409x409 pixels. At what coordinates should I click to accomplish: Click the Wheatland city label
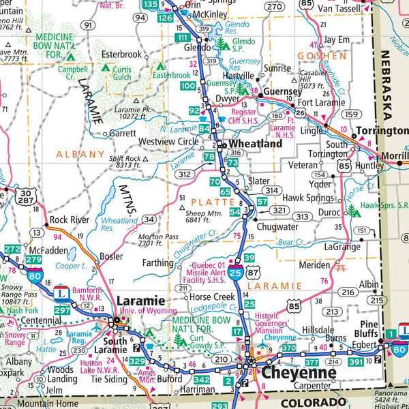[x=255, y=145]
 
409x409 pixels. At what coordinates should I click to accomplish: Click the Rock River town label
[x=70, y=219]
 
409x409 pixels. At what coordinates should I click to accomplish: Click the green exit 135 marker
[x=151, y=5]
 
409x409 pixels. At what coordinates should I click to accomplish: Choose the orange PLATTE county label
[x=212, y=202]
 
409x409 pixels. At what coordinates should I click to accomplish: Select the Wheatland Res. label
[x=118, y=225]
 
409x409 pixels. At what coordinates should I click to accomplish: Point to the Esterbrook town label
[x=121, y=54]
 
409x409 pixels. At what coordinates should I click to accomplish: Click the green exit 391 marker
[x=355, y=363]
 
